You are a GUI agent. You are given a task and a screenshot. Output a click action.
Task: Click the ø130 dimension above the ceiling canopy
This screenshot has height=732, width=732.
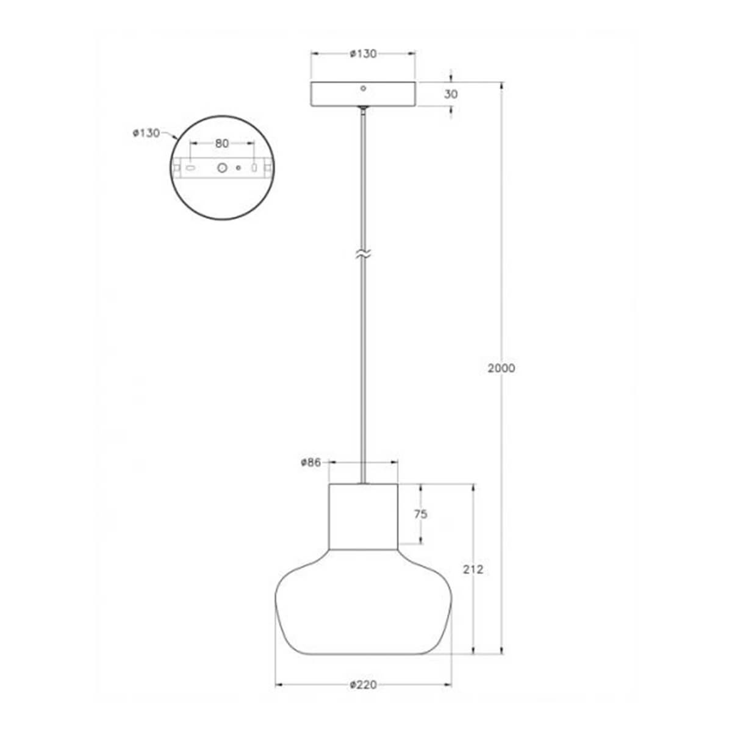363,54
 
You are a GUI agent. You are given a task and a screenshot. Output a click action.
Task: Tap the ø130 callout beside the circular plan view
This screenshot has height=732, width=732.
146,132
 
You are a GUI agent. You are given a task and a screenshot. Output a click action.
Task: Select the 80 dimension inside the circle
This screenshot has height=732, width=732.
221,143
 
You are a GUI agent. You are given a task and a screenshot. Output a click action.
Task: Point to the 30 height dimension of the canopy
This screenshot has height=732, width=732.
451,94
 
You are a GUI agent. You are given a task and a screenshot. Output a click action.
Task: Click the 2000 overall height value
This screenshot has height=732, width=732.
501,368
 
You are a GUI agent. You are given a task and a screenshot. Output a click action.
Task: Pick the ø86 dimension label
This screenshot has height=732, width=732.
310,462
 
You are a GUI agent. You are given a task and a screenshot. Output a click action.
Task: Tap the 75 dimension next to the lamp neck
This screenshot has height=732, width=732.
421,514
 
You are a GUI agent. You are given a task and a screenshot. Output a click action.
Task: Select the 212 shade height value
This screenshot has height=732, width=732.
473,569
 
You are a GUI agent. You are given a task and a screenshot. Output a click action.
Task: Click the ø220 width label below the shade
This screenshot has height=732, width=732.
364,684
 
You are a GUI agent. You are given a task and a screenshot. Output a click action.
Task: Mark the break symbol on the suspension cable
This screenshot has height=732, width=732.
364,253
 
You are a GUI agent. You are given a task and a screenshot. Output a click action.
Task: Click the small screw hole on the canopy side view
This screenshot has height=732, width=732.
363,88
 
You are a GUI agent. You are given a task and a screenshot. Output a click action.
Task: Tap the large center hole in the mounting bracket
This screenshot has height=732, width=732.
223,167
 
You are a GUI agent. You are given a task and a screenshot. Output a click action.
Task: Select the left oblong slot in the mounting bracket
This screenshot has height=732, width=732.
191,167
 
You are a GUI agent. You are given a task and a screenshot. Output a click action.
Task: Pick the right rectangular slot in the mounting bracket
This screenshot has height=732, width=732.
254,167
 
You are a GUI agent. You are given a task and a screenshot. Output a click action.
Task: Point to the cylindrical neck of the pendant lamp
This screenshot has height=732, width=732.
364,516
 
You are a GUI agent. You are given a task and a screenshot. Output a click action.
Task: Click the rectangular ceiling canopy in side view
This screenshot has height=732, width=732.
364,95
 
